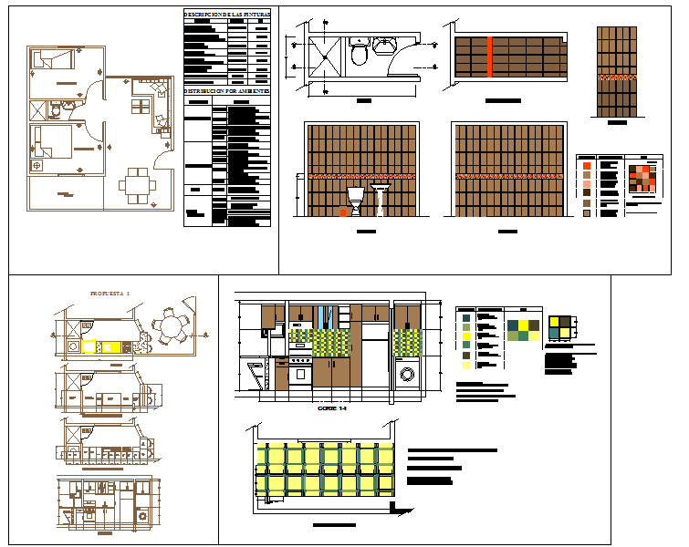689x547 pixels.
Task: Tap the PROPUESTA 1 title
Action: [x=110, y=293]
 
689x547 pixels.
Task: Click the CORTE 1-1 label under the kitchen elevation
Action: [x=331, y=408]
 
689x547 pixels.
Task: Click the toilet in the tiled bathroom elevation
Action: [x=356, y=201]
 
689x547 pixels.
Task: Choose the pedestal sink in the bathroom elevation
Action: [x=381, y=199]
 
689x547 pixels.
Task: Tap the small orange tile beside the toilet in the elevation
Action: [x=344, y=212]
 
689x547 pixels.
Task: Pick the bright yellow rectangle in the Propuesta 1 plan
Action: [x=90, y=347]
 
